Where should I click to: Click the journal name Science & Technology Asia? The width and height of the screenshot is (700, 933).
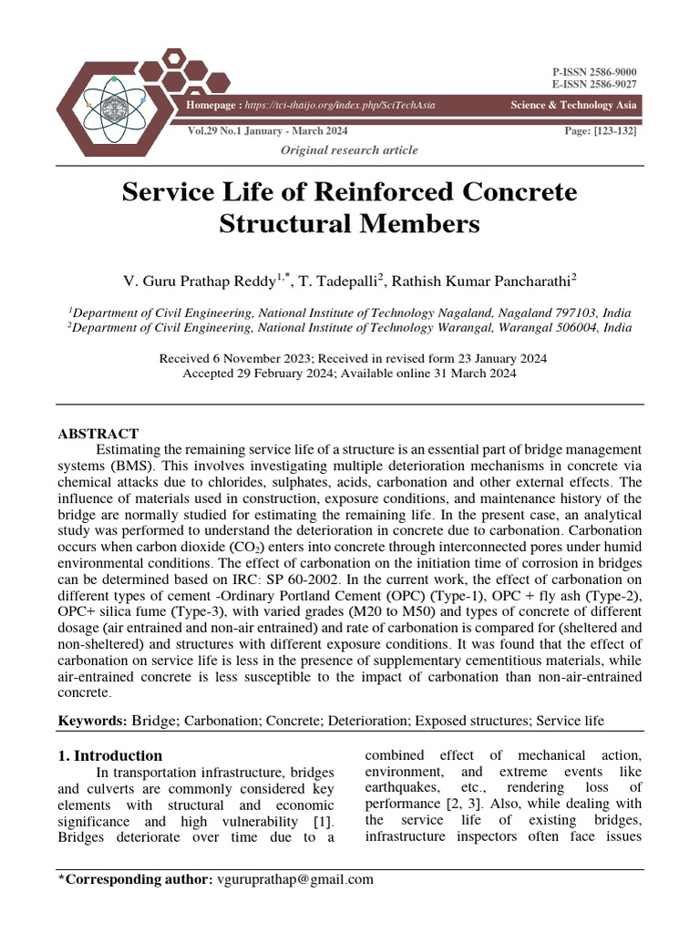pyautogui.click(x=573, y=106)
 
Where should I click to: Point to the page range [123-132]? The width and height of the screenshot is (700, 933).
pyautogui.click(x=615, y=131)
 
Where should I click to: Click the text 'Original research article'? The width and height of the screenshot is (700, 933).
pyautogui.click(x=349, y=149)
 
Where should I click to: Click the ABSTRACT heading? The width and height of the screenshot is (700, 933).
pyautogui.click(x=98, y=434)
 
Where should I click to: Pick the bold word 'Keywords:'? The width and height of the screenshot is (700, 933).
pyautogui.click(x=93, y=721)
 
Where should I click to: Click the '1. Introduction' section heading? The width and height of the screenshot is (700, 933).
pyautogui.click(x=110, y=755)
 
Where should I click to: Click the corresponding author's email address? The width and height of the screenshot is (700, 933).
pyautogui.click(x=293, y=879)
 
